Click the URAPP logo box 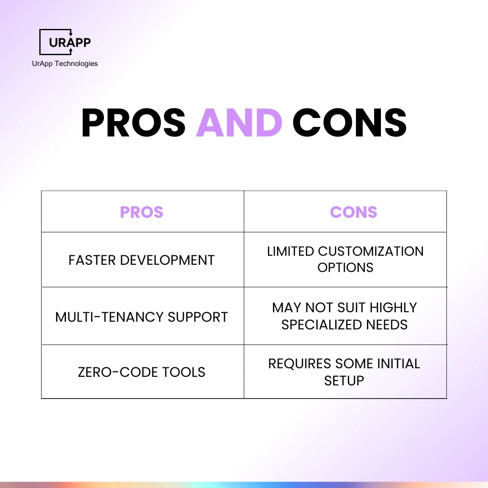click(65, 42)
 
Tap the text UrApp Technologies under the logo click(65, 64)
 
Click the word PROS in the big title click(134, 123)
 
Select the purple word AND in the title click(239, 123)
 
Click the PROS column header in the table click(141, 212)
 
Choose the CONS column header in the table click(353, 212)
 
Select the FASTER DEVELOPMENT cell click(141, 260)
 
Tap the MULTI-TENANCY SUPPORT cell click(141, 317)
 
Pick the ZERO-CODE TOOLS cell click(141, 372)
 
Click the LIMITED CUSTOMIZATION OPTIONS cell click(345, 259)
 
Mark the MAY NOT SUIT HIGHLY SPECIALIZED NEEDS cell click(344, 316)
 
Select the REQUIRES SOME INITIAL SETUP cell click(344, 372)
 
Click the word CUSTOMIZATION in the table click(371, 251)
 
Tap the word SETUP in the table click(344, 380)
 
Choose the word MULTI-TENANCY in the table click(109, 317)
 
